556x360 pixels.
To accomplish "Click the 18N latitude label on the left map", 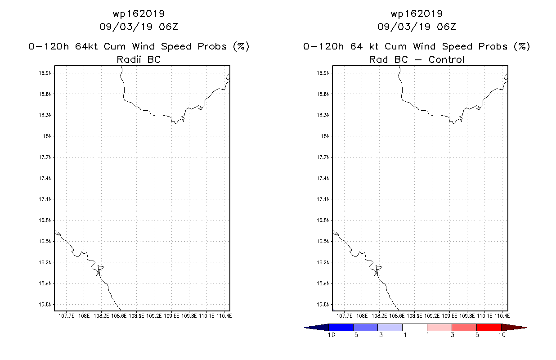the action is click(47, 136).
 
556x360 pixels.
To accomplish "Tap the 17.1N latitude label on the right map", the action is click(323, 199).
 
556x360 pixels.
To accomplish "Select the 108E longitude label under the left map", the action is click(84, 316).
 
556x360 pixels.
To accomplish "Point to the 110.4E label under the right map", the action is click(502, 316).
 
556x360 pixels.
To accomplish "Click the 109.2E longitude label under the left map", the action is click(154, 316).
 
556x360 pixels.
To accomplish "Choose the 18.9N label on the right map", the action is click(323, 73).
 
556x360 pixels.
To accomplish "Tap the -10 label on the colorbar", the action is click(329, 335).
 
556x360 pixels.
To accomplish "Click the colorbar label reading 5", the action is click(477, 335).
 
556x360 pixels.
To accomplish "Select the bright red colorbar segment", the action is click(489, 327).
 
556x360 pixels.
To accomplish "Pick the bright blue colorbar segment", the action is click(341, 327).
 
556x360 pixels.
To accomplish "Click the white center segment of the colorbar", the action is click(415, 327).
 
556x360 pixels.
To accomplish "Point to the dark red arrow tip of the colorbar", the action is click(526, 328).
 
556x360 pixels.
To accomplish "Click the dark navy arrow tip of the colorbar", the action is click(305, 328).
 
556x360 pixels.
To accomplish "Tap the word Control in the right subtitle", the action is click(446, 59).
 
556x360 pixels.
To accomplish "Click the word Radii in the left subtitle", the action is click(129, 59).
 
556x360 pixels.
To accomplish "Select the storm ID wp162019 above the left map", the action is click(139, 13).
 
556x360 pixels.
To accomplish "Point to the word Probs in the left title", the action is click(212, 46).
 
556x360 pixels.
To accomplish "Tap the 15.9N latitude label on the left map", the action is click(45, 283).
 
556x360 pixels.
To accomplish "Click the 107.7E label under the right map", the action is click(344, 316).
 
